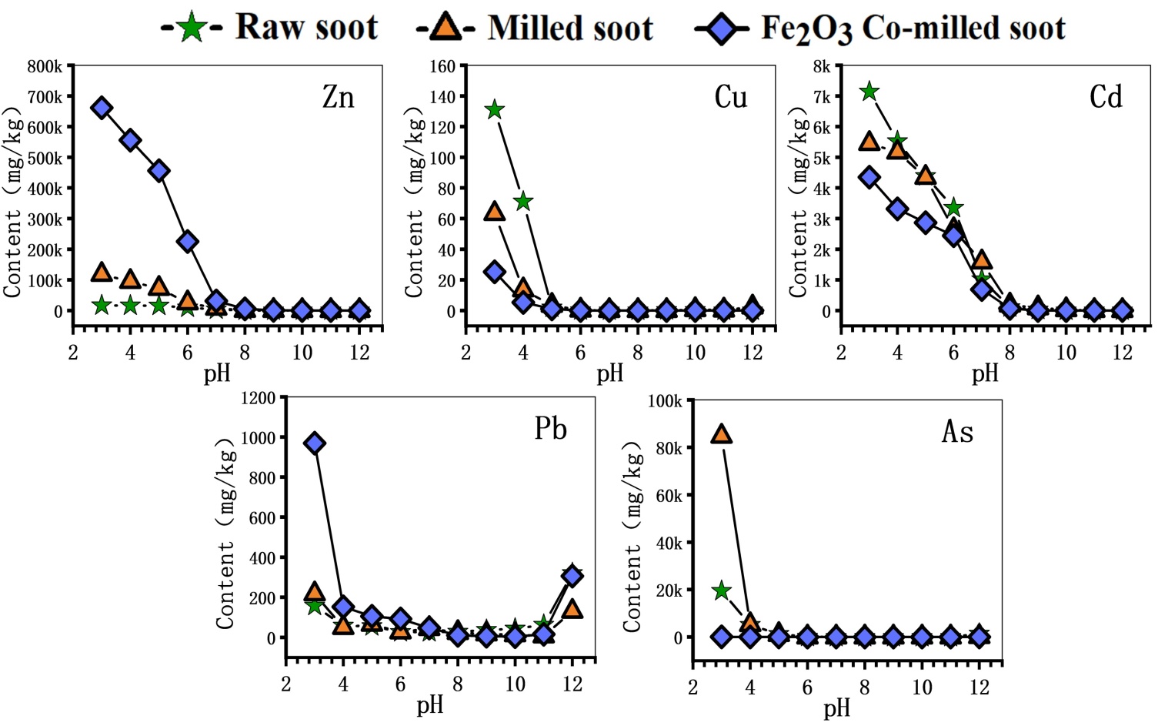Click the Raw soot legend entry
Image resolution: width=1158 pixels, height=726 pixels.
[x=269, y=28]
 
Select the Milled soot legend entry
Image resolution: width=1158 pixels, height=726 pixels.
[x=535, y=28]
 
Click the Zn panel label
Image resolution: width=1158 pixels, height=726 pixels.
[x=338, y=98]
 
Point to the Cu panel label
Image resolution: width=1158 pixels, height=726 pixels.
[x=730, y=97]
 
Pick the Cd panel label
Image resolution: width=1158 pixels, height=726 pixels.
[x=1106, y=97]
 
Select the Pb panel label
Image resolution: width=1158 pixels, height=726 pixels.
[x=550, y=429]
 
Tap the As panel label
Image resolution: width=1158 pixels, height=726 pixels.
[x=957, y=432]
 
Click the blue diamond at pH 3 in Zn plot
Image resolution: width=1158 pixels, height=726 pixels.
[x=102, y=109]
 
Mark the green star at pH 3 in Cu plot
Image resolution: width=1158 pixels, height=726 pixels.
[x=495, y=110]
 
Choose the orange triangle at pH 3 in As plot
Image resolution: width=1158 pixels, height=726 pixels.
[x=721, y=434]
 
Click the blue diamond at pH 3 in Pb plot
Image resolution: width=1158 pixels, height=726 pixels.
[x=314, y=443]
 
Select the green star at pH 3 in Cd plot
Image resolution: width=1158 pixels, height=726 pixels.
[x=869, y=92]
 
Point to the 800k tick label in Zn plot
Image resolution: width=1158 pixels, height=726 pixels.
[x=45, y=67]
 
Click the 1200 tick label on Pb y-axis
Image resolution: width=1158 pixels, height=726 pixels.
[x=258, y=398]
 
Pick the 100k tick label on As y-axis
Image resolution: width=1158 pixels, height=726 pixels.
[x=665, y=401]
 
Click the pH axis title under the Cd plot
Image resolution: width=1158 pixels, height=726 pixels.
[x=984, y=374]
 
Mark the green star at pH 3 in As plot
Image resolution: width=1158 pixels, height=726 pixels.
[x=721, y=591]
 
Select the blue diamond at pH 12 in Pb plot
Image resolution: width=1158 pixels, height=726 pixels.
[x=572, y=575]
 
